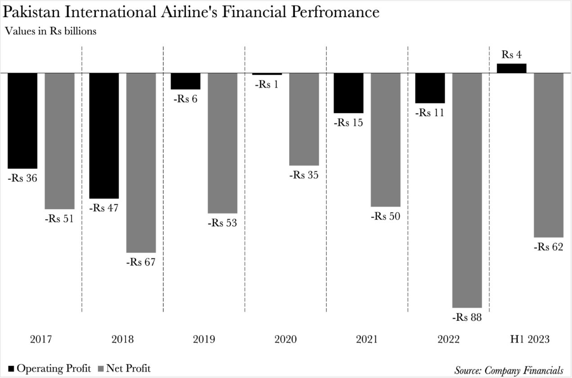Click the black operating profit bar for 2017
(x=22, y=121)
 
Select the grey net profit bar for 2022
(x=467, y=190)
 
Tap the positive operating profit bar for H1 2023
(x=511, y=68)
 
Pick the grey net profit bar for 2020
(x=304, y=119)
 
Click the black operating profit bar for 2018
(x=104, y=135)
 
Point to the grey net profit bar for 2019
(x=222, y=143)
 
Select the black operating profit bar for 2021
(x=349, y=93)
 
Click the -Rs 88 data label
(x=467, y=318)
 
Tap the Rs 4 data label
(x=512, y=55)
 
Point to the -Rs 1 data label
(x=267, y=85)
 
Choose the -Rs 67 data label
(x=140, y=262)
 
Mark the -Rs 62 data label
(x=548, y=247)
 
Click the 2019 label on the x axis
(x=204, y=339)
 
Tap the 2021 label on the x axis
(x=367, y=339)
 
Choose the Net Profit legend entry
(x=124, y=369)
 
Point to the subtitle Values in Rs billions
(x=50, y=31)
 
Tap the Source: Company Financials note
(x=509, y=370)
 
